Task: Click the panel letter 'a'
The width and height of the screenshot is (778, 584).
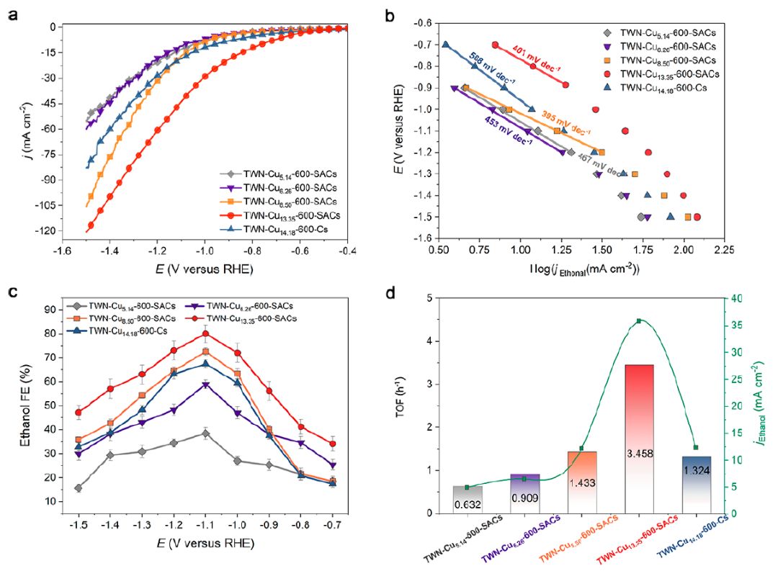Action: [x=13, y=12]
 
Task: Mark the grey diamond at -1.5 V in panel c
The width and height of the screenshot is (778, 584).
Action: [x=78, y=488]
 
